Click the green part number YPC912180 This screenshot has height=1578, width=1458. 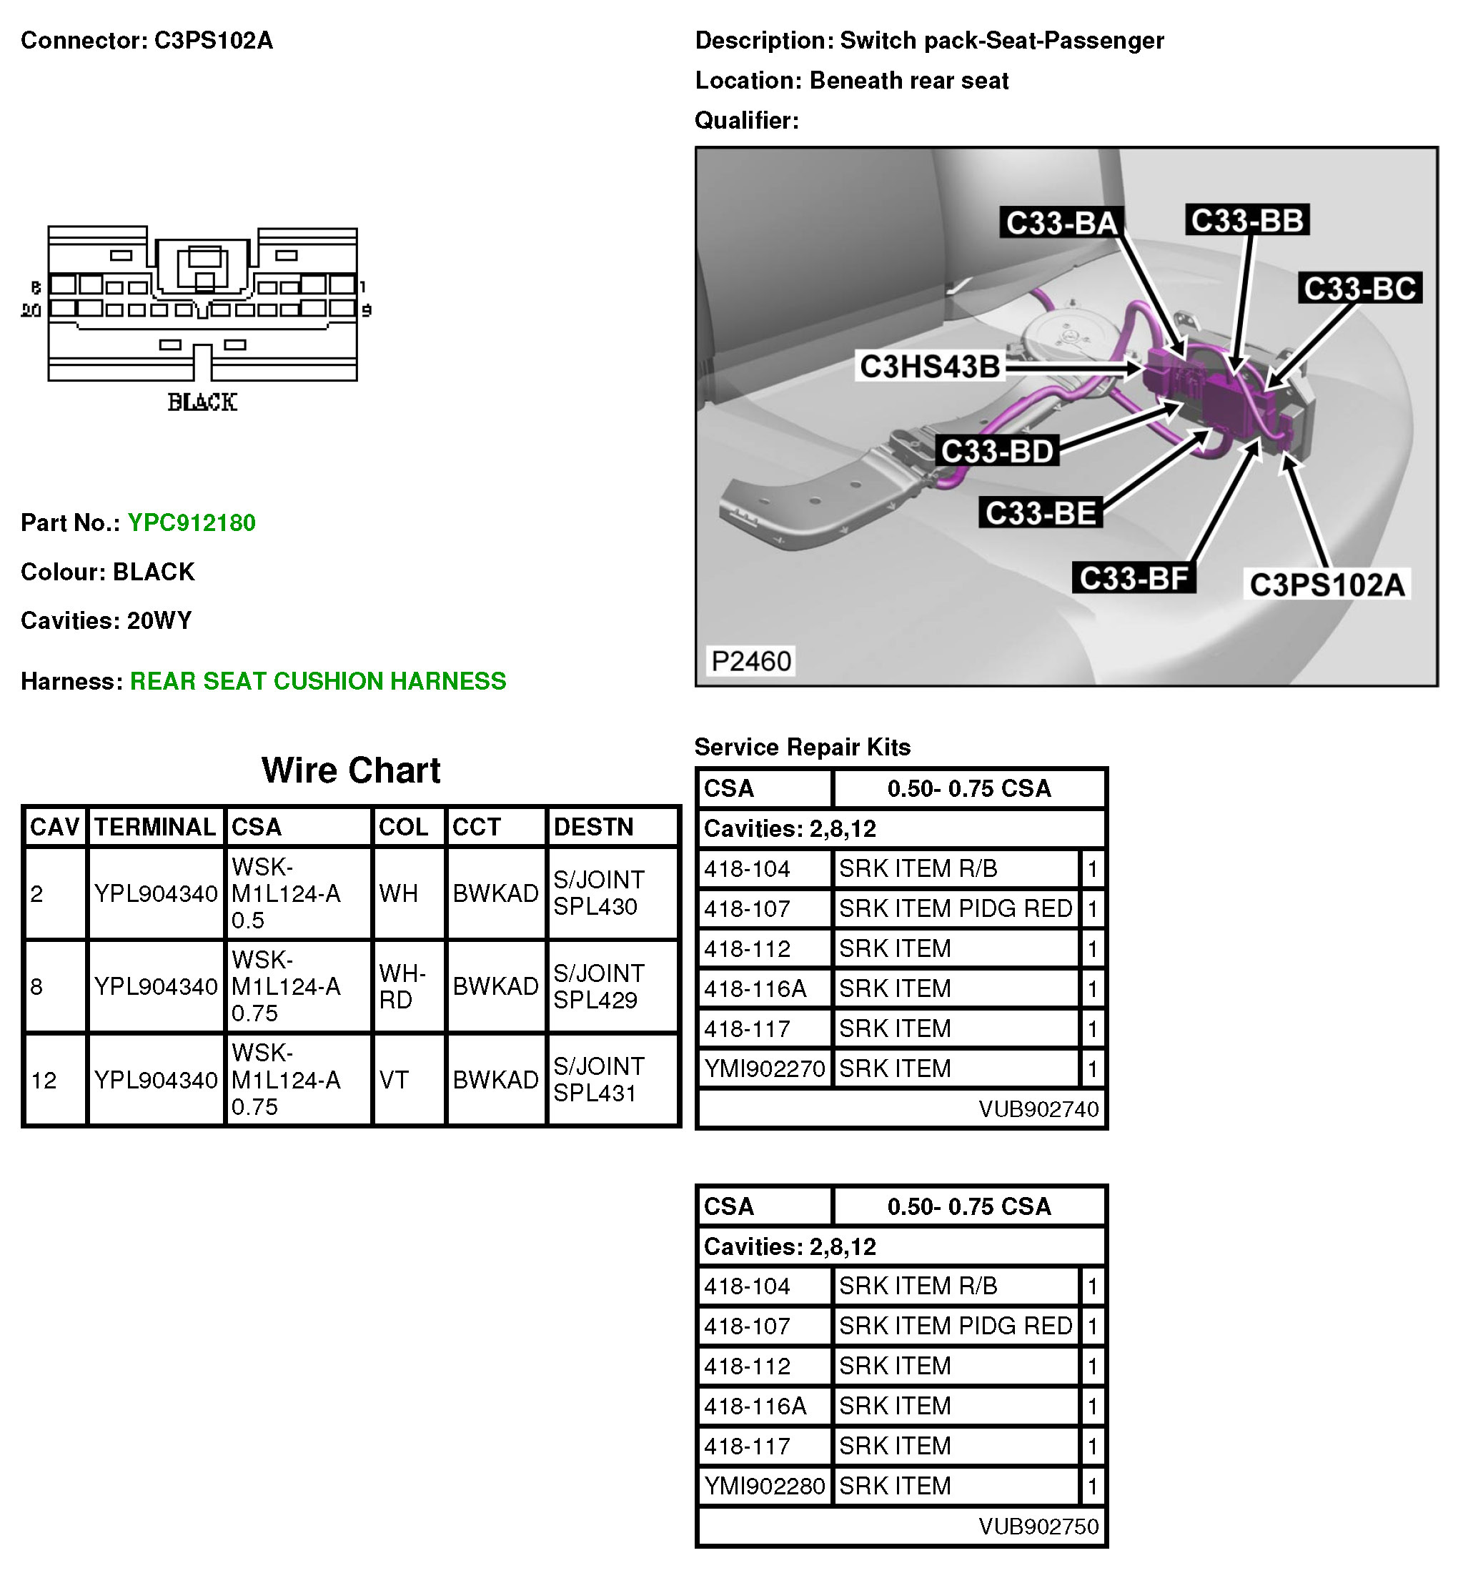pyautogui.click(x=191, y=523)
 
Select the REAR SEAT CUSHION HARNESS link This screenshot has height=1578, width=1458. pyautogui.click(x=318, y=682)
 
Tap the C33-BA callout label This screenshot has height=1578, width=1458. pyautogui.click(x=1062, y=223)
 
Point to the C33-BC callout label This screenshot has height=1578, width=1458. pyautogui.click(x=1359, y=289)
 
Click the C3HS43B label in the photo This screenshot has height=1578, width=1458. pyautogui.click(x=929, y=367)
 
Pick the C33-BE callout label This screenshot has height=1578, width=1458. pyautogui.click(x=1041, y=514)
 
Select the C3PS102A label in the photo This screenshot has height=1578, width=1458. pyautogui.click(x=1328, y=585)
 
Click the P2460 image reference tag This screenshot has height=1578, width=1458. pyautogui.click(x=750, y=661)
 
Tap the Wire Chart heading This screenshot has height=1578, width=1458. pyautogui.click(x=351, y=771)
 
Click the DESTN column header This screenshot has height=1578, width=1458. pyautogui.click(x=593, y=827)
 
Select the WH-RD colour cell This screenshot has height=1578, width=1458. pyautogui.click(x=402, y=987)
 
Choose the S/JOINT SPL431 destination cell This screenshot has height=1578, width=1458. pyautogui.click(x=598, y=1079)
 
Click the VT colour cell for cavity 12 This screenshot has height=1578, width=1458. pyautogui.click(x=394, y=1080)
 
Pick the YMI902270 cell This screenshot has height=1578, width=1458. pyautogui.click(x=765, y=1069)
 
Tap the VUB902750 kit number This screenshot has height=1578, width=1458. pyautogui.click(x=1038, y=1527)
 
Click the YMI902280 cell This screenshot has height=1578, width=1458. pyautogui.click(x=765, y=1487)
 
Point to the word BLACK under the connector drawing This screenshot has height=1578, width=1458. pyautogui.click(x=202, y=403)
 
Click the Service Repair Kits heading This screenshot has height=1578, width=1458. pyautogui.click(x=803, y=747)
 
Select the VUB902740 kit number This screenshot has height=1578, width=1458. pyautogui.click(x=1038, y=1109)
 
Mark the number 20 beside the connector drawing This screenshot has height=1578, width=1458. pyautogui.click(x=31, y=311)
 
